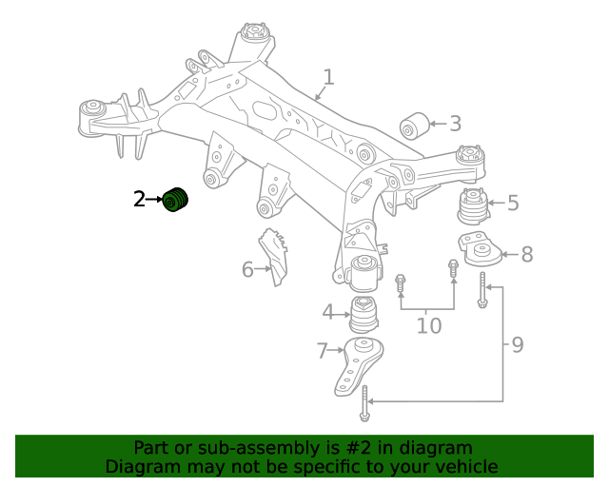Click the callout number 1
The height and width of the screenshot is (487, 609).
pyautogui.click(x=328, y=77)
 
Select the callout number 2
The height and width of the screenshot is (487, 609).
pyautogui.click(x=139, y=199)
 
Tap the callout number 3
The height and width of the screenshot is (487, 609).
pyautogui.click(x=455, y=124)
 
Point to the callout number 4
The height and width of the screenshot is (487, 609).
pyautogui.click(x=327, y=311)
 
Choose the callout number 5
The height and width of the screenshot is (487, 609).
pyautogui.click(x=513, y=203)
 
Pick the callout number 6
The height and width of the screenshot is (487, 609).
pyautogui.click(x=247, y=270)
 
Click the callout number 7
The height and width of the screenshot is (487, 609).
pyautogui.click(x=322, y=351)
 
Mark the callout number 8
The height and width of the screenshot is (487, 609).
pyautogui.click(x=526, y=254)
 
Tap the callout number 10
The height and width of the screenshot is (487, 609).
pyautogui.click(x=429, y=325)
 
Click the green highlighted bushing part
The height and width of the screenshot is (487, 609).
pyautogui.click(x=175, y=201)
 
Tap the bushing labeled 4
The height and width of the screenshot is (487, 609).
pyautogui.click(x=363, y=313)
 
